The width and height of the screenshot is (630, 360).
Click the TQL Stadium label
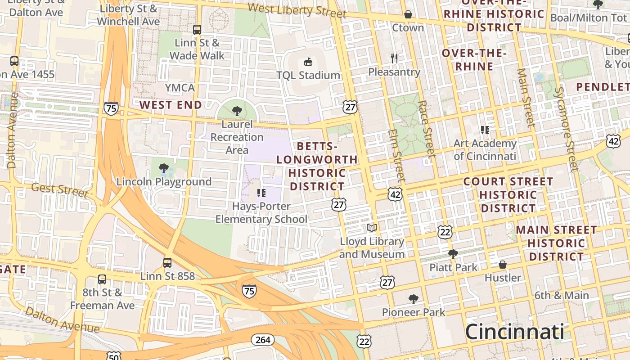308,75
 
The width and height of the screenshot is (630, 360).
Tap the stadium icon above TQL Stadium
308,62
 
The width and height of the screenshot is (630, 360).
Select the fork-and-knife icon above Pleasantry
394,58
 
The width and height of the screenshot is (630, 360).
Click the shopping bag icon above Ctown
408,14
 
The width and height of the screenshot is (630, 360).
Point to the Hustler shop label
503,278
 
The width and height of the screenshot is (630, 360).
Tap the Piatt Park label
453,267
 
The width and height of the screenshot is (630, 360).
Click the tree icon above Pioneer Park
413,299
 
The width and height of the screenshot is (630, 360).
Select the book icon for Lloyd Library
372,228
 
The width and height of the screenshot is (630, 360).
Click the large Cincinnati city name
514,332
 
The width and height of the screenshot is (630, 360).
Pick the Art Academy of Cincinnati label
485,150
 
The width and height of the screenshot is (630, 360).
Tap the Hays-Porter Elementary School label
261,212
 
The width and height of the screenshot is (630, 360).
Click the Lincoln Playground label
164,182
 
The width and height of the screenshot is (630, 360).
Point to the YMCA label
180,87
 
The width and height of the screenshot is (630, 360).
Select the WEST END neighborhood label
171,105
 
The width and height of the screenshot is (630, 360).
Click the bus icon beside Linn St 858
167,263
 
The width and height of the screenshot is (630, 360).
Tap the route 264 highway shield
262,340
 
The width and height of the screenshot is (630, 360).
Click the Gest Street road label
60,190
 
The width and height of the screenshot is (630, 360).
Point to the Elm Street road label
396,156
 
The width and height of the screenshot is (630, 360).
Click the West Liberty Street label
297,10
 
